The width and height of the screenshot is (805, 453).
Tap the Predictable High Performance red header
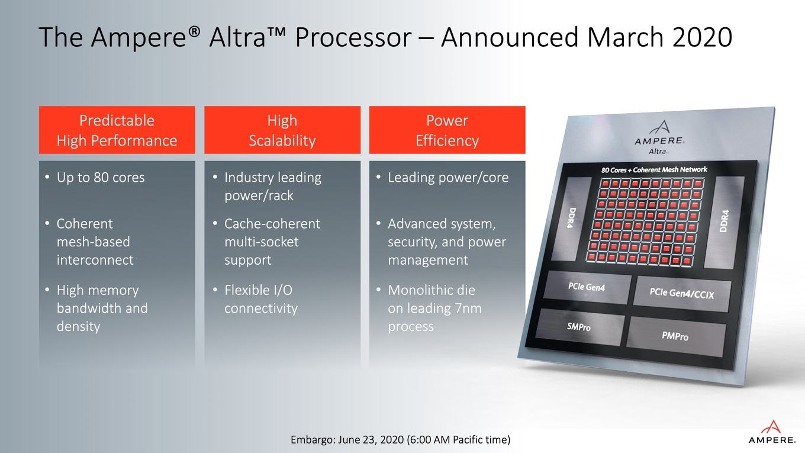(x=117, y=130)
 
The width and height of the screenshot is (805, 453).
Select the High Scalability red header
(x=282, y=130)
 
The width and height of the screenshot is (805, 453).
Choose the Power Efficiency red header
(x=447, y=130)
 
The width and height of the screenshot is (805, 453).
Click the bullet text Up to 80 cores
(x=101, y=177)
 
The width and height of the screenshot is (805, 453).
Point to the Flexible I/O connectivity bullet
(x=261, y=299)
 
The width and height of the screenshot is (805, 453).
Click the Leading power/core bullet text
(x=448, y=178)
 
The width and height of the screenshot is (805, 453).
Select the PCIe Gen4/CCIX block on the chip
(x=682, y=294)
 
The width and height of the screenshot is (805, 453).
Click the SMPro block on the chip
(x=579, y=326)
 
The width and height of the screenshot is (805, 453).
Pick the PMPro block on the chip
(x=675, y=336)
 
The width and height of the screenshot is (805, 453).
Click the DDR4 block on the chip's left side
(x=571, y=219)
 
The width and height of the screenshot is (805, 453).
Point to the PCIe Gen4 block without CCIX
(x=587, y=287)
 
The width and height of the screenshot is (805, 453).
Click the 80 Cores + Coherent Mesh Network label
(x=654, y=169)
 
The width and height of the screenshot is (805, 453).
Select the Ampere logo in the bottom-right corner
(x=772, y=432)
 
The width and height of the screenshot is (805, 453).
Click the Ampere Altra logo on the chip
(x=659, y=138)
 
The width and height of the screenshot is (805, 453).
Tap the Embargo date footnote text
(x=400, y=440)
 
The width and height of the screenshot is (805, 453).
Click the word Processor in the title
(x=353, y=37)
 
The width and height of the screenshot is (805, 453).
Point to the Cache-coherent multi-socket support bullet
(x=272, y=242)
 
